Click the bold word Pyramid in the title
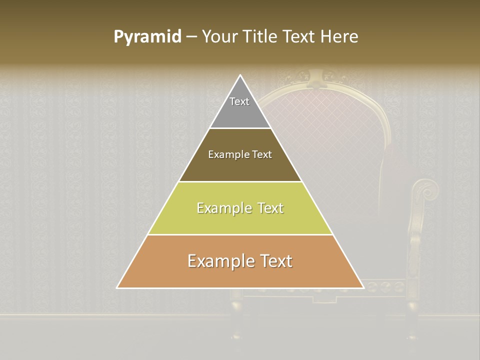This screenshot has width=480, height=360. click(147, 36)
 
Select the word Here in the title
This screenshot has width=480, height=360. click(339, 36)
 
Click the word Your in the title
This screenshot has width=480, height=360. click(219, 36)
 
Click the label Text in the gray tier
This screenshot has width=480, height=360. click(239, 101)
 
